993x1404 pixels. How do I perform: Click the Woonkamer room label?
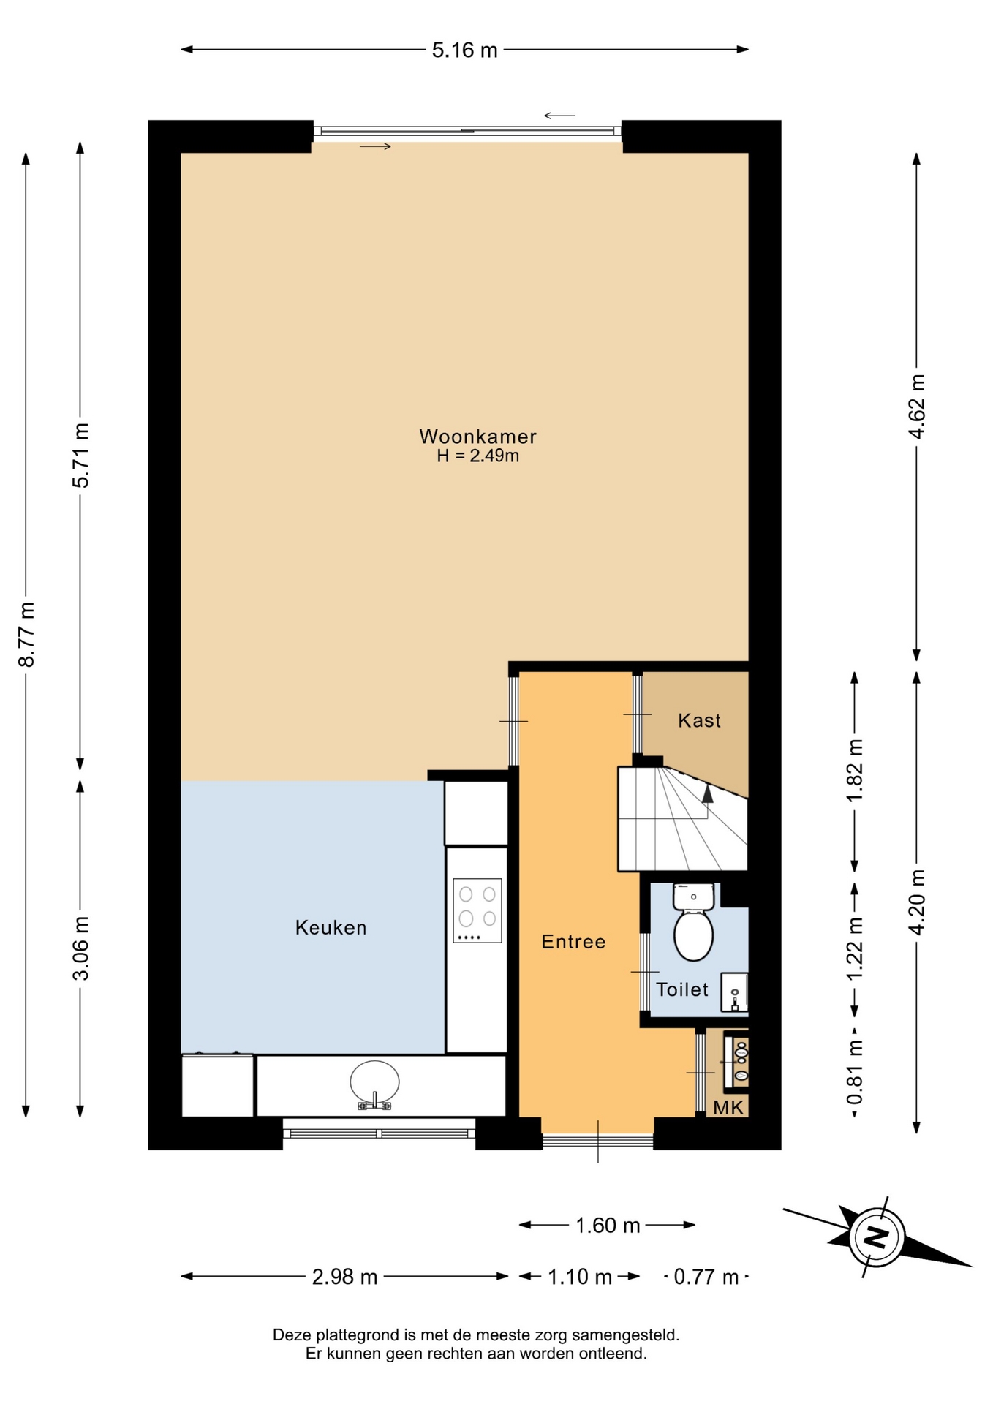477,437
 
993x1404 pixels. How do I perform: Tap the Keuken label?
331,927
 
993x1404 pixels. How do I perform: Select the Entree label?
573,942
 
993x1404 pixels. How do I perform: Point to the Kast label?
699,720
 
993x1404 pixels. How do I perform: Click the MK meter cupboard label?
728,1107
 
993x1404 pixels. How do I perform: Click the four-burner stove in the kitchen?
477,910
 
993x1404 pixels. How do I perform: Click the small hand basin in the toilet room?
734,992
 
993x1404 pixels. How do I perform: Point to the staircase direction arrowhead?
707,794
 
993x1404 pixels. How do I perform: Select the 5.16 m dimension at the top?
464,50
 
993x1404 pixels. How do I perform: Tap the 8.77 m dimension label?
26,635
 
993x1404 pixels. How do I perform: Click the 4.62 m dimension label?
916,407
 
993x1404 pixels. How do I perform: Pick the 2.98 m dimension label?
344,1277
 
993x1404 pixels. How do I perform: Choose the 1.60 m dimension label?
608,1225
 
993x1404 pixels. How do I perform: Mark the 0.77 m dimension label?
706,1277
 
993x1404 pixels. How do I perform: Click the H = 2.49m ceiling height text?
477,456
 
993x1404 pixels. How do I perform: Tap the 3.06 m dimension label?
80,948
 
